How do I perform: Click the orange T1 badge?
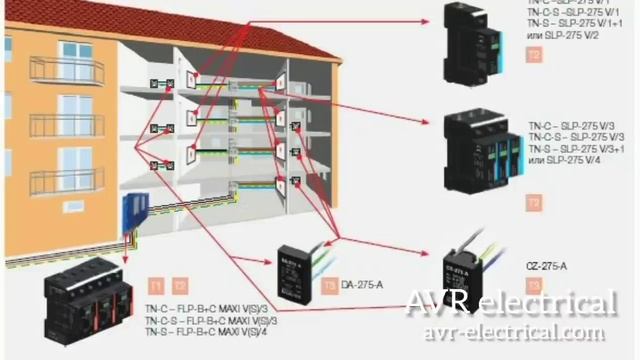pyautogui.click(x=155, y=285)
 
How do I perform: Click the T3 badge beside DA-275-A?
pyautogui.click(x=330, y=285)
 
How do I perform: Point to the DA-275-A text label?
pyautogui.click(x=363, y=285)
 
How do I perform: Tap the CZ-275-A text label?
pyautogui.click(x=546, y=266)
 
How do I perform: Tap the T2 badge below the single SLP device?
pyautogui.click(x=534, y=56)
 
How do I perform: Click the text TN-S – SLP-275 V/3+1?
pyautogui.click(x=578, y=148)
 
